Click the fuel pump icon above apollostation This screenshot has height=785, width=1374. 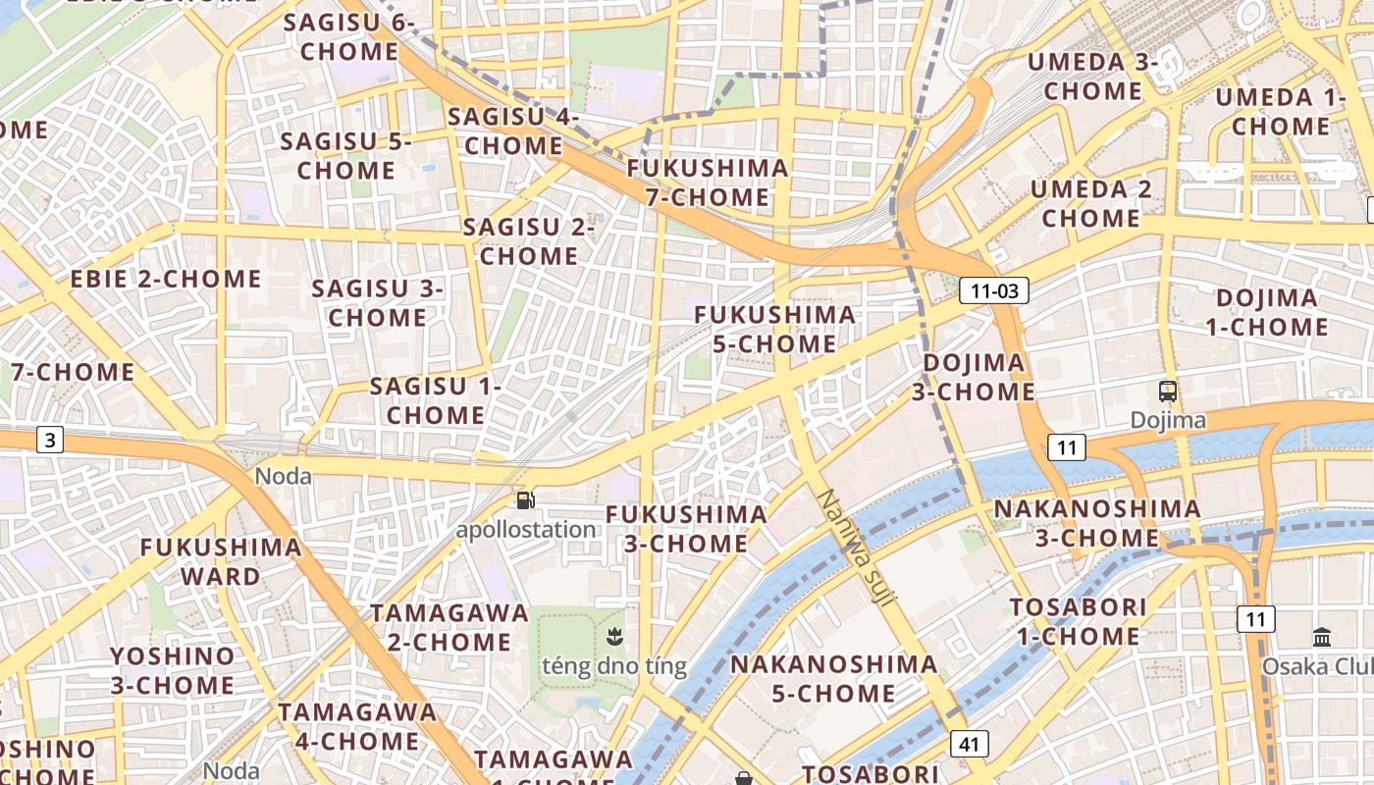(x=526, y=500)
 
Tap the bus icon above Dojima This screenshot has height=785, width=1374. (x=1168, y=392)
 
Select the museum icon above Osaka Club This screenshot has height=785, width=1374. (x=1321, y=637)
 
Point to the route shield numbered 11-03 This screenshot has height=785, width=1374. (x=995, y=290)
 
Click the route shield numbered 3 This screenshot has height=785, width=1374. (x=50, y=440)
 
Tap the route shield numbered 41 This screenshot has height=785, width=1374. (x=970, y=744)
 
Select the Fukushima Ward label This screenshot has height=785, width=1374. (x=220, y=561)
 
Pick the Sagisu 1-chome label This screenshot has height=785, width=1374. (x=435, y=400)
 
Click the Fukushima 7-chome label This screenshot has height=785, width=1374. (x=708, y=183)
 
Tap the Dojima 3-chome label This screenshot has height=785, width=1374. (x=974, y=378)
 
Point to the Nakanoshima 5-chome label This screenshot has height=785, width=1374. (x=833, y=678)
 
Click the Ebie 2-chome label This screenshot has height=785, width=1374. (x=166, y=279)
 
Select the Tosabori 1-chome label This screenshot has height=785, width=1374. (x=1078, y=621)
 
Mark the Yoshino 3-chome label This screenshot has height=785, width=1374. (x=173, y=670)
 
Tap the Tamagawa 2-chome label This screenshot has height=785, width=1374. (x=449, y=627)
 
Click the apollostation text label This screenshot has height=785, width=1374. (x=526, y=530)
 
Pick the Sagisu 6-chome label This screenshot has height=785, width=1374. (x=349, y=36)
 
